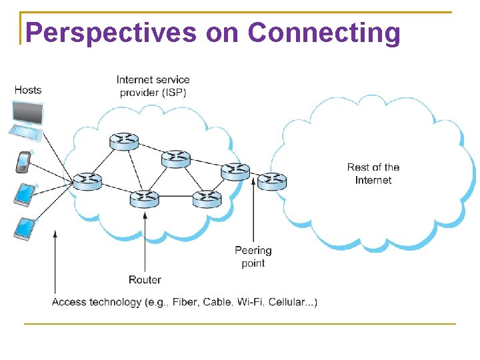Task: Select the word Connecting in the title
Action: tap(324, 32)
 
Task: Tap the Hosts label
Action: tap(27, 90)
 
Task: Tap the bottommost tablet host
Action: tap(24, 229)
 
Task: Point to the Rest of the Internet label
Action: tap(373, 173)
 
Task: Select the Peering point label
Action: tap(253, 257)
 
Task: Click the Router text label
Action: tap(145, 280)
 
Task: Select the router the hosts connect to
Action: tap(87, 181)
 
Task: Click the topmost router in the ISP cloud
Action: tap(124, 141)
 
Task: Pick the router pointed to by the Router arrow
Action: tap(145, 198)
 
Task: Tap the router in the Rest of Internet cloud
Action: tap(271, 181)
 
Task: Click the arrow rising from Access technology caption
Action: tap(55, 260)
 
